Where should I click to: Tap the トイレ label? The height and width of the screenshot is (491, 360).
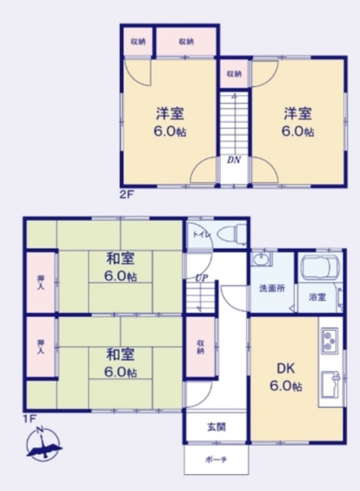point(199,235)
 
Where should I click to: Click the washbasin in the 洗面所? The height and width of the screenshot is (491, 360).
point(261,259)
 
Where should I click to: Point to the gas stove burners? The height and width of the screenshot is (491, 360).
point(329,341)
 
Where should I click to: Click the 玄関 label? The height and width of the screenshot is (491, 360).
point(216,426)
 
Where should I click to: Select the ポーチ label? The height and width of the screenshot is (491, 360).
point(216,460)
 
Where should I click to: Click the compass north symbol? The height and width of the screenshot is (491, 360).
point(44,444)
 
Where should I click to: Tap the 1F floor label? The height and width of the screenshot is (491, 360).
point(29,418)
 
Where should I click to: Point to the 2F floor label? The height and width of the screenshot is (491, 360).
point(127,194)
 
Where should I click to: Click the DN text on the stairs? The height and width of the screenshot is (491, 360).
point(234,160)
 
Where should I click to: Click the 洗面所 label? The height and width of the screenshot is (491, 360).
point(272,288)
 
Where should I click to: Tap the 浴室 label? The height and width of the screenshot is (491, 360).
point(317,297)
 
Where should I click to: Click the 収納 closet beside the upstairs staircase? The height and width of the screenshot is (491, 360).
point(234,74)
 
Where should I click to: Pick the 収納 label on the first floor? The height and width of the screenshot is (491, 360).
point(201,346)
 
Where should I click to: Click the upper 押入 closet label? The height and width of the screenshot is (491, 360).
point(41,282)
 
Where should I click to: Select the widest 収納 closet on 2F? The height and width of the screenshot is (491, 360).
point(187,41)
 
